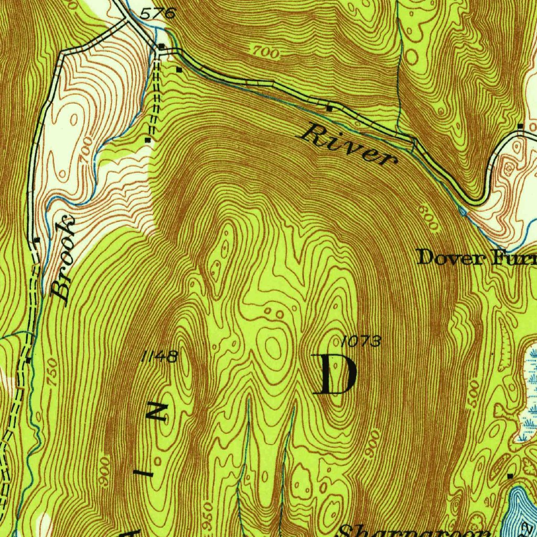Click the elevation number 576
click(157, 14)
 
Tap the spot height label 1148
click(159, 357)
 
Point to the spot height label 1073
click(360, 342)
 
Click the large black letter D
click(335, 374)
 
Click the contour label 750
click(51, 372)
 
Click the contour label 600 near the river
click(428, 218)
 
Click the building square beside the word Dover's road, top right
click(520, 126)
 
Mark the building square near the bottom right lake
click(510, 476)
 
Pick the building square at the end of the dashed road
click(148, 140)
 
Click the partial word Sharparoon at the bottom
click(414, 531)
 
